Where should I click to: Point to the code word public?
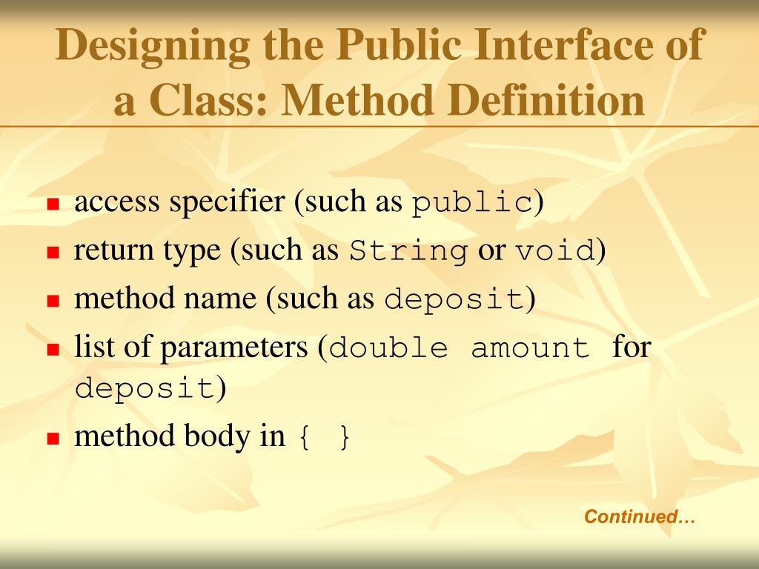tap(472, 203)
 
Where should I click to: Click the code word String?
tap(409, 252)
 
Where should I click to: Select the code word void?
tap(556, 252)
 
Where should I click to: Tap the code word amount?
tap(531, 347)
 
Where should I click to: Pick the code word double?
tap(388, 347)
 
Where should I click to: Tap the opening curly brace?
tap(303, 437)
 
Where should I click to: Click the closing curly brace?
tap(343, 437)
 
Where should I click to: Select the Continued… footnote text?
tap(640, 516)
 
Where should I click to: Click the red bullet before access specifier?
tap(53, 204)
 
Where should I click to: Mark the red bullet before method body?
tap(53, 438)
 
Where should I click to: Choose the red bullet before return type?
tap(53, 253)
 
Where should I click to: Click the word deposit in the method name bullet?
tap(454, 300)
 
